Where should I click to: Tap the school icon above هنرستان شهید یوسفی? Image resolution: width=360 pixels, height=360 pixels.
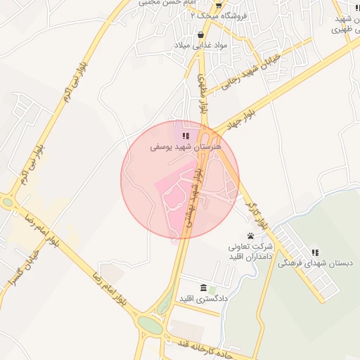pyautogui.click(x=186, y=136)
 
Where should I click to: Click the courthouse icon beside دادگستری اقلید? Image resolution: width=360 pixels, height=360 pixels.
pyautogui.click(x=203, y=288)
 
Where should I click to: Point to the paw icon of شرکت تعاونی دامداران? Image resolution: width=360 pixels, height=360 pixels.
pyautogui.click(x=251, y=236)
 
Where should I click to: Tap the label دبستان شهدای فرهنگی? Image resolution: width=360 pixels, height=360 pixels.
pyautogui.click(x=314, y=263)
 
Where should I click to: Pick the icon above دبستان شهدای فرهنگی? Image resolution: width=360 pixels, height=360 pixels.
pyautogui.click(x=315, y=252)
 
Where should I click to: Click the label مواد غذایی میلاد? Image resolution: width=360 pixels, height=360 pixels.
pyautogui.click(x=201, y=44)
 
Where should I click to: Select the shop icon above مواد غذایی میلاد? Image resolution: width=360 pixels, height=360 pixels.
pyautogui.click(x=201, y=33)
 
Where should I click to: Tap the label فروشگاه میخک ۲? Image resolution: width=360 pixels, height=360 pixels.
pyautogui.click(x=210, y=14)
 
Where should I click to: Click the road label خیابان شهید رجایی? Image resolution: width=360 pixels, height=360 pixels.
pyautogui.click(x=251, y=71)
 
